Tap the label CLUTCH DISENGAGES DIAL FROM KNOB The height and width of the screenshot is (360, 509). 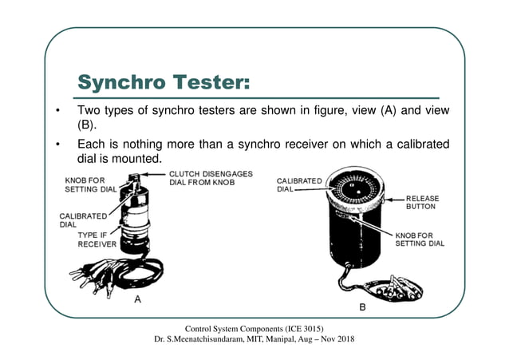[x=211, y=178]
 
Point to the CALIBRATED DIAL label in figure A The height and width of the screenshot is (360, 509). [x=80, y=220]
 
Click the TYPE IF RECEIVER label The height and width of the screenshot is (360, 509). [x=97, y=239]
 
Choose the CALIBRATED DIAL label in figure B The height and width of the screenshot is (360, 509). [x=300, y=184]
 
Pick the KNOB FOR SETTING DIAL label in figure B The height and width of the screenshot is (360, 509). [x=420, y=239]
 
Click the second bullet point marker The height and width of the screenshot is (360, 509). [x=57, y=144]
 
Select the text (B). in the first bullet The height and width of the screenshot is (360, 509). [x=86, y=125]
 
